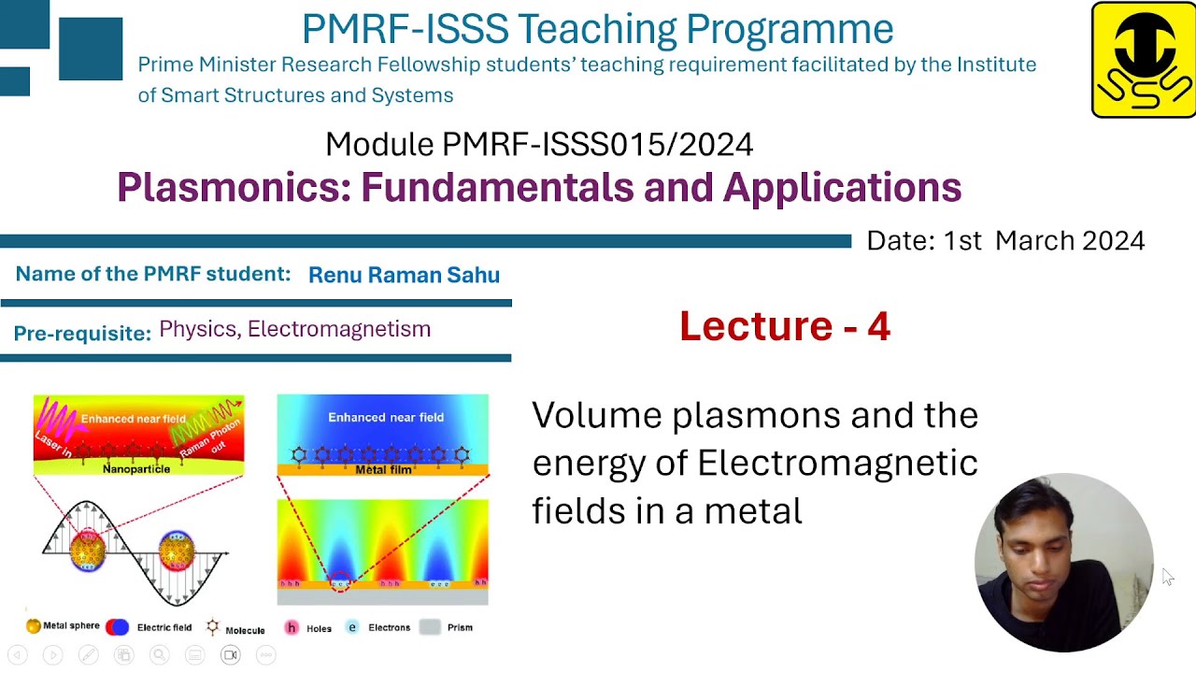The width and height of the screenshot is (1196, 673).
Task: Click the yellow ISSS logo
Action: pos(1143,60)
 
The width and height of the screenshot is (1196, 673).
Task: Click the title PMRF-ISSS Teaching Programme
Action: pos(597,29)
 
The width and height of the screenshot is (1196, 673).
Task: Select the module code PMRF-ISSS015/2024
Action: pos(597,145)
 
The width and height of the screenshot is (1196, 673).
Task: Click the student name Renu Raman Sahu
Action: pos(404,275)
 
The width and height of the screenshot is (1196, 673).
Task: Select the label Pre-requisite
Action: pos(82,334)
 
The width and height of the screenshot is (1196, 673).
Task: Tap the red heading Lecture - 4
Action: pos(784,326)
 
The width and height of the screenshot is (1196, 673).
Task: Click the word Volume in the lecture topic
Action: pos(598,415)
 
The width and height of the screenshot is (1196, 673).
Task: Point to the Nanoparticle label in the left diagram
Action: pos(136,468)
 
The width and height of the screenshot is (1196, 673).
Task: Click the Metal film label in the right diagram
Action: pos(383,469)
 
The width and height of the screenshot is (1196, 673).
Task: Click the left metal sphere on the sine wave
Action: pos(87,550)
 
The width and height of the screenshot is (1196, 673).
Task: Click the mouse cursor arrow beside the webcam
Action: pos(1168,577)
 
